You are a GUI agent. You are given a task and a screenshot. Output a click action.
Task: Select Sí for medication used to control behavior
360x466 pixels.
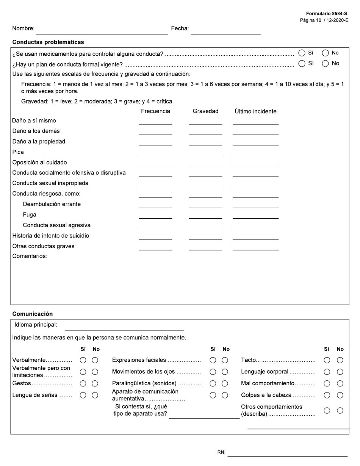coord(302,53)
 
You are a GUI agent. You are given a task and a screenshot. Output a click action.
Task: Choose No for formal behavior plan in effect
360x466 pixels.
coord(325,64)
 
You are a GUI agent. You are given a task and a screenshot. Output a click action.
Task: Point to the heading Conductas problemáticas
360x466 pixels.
coord(48,42)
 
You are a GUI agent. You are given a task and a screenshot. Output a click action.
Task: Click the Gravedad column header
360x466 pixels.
coord(205,111)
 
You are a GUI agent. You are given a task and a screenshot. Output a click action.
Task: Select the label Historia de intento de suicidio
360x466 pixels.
coord(51,236)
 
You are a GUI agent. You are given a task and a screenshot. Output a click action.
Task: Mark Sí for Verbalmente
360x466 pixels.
coord(83,360)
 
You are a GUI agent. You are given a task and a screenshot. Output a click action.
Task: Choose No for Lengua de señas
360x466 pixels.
coord(95,395)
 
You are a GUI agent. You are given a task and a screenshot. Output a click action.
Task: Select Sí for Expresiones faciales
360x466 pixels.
coord(213,360)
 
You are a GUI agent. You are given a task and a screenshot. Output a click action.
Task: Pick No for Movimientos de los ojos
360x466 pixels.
coord(225,372)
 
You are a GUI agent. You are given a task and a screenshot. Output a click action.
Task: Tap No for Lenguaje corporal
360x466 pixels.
coord(340,372)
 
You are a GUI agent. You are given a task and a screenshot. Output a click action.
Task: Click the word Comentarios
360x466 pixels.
coord(30,256)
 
